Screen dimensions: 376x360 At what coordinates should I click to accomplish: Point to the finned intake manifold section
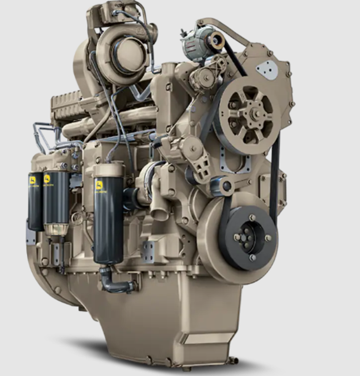pos(71,108)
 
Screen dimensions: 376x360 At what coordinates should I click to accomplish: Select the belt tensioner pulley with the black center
pos(226,187)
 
